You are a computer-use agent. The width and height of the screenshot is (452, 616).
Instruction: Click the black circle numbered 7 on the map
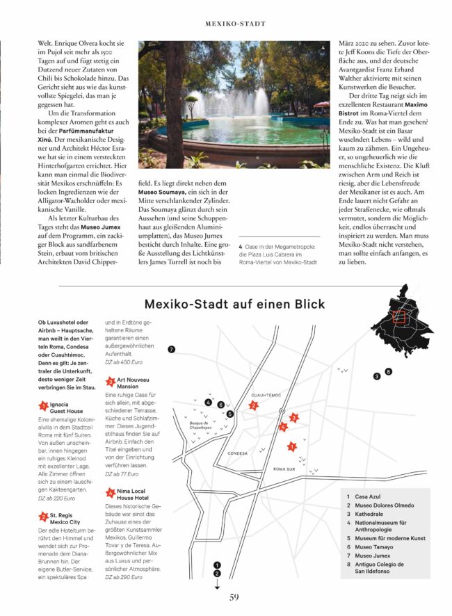click(x=171, y=349)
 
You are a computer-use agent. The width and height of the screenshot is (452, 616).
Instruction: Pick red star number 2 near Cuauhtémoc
click(x=254, y=405)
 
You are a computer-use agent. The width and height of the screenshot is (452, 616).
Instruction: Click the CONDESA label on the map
click(x=237, y=453)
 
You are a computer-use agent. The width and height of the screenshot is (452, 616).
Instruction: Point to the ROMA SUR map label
click(x=284, y=469)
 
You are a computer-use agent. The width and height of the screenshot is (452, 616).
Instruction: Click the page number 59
click(x=234, y=596)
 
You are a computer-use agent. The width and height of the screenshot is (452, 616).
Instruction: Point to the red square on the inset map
click(x=398, y=318)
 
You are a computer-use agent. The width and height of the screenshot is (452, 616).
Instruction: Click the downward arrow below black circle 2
click(x=217, y=584)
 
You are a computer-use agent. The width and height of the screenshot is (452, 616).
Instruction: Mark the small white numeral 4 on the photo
click(x=323, y=48)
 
